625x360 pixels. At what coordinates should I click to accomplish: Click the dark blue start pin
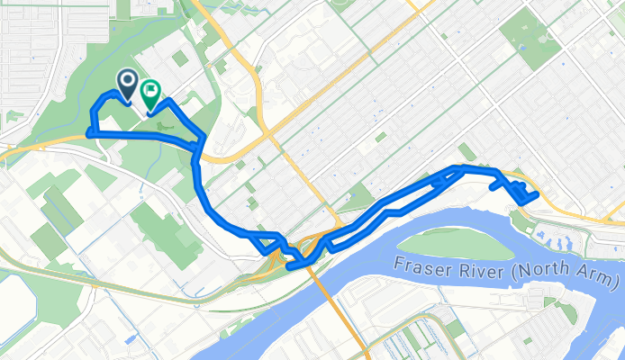tap(128, 85)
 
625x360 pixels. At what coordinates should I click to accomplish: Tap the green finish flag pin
tap(150, 92)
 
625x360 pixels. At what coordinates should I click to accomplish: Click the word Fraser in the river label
tap(422, 264)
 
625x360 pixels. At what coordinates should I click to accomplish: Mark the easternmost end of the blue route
tap(537, 193)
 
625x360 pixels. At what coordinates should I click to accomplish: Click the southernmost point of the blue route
tap(290, 266)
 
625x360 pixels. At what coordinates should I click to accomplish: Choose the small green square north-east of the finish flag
tap(180, 58)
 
